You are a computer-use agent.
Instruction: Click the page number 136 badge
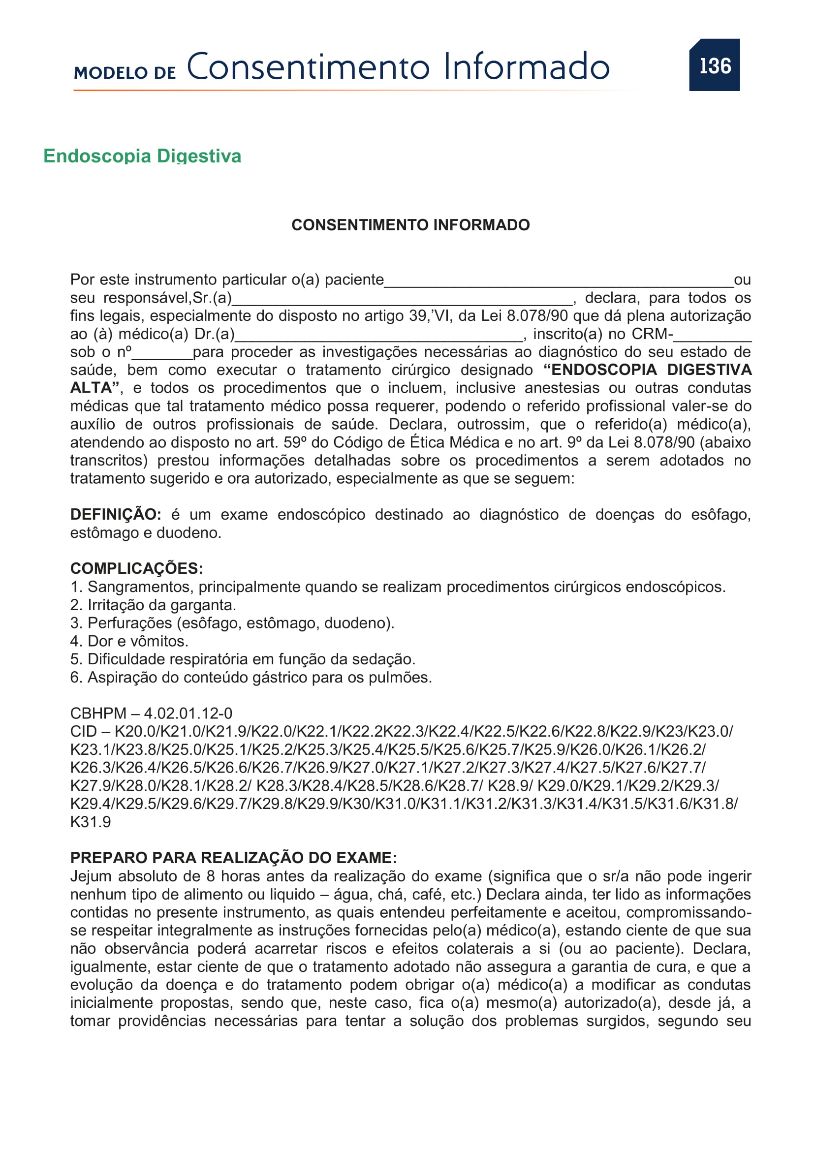point(714,65)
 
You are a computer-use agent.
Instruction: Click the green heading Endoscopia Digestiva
point(142,156)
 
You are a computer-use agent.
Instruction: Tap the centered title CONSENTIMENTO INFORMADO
point(410,225)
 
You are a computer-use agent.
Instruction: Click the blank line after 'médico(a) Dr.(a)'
point(379,336)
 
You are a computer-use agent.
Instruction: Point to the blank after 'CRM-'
point(712,336)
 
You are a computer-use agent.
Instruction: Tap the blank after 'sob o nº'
point(162,354)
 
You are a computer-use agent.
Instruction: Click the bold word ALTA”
point(94,388)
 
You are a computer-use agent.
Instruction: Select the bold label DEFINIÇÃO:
point(116,515)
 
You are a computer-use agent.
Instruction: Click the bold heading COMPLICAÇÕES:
point(136,568)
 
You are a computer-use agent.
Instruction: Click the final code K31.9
point(91,822)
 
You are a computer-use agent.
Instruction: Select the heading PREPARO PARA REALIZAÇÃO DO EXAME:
point(234,858)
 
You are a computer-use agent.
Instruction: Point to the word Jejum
point(90,876)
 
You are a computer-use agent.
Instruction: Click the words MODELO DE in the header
point(125,73)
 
